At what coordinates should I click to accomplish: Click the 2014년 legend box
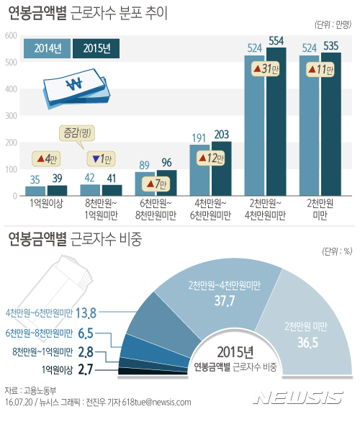(x=48, y=48)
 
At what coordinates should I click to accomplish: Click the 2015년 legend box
(x=96, y=48)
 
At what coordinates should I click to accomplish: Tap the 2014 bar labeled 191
(x=199, y=170)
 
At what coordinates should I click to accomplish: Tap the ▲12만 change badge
(x=210, y=158)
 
